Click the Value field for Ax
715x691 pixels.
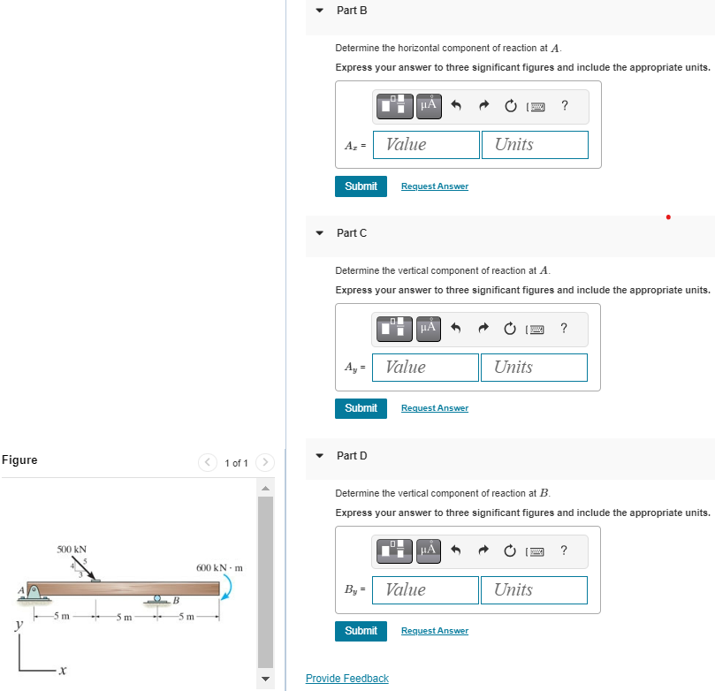(x=426, y=145)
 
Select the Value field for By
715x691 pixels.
(x=426, y=590)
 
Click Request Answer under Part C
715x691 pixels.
(x=435, y=408)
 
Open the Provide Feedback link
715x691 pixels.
(x=346, y=679)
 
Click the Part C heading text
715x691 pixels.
(x=352, y=233)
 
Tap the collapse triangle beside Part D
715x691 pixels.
(x=320, y=456)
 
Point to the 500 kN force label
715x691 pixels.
(x=72, y=550)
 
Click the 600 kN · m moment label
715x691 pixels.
(x=219, y=568)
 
